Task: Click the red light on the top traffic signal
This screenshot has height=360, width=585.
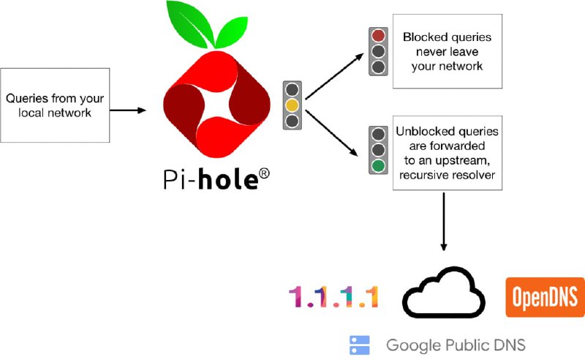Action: tap(378, 36)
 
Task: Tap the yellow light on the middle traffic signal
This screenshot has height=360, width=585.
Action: tap(292, 105)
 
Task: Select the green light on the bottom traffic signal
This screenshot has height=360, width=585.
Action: tap(378, 166)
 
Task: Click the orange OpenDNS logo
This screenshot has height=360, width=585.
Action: tap(545, 297)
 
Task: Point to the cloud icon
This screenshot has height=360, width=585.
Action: tap(444, 292)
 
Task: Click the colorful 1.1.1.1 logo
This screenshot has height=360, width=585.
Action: tap(334, 297)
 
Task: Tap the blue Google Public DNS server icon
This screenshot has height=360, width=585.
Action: tap(359, 345)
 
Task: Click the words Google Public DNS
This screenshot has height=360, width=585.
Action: tap(456, 345)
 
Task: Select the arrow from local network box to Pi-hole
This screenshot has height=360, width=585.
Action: tap(127, 110)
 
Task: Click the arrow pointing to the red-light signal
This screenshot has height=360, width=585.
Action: tap(334, 76)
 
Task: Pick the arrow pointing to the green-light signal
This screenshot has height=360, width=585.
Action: tap(331, 132)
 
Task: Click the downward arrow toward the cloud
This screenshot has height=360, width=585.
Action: tap(444, 222)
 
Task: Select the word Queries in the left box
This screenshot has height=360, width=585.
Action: tap(27, 98)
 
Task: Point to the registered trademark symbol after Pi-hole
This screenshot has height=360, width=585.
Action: tap(264, 173)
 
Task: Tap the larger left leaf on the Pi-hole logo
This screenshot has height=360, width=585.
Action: tap(189, 24)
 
